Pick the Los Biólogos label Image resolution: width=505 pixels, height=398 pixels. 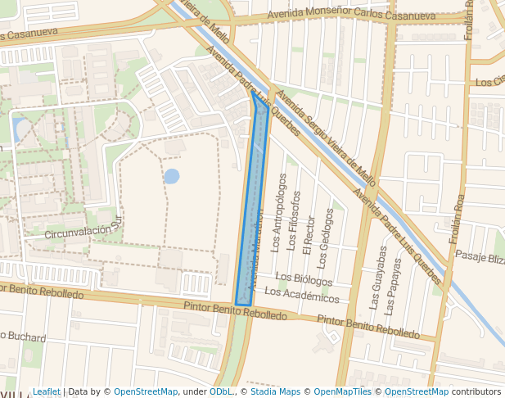(304, 279)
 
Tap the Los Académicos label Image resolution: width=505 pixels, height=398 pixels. (301, 293)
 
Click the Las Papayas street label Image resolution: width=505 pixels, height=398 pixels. (395, 285)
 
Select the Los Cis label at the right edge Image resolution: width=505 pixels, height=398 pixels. (489, 82)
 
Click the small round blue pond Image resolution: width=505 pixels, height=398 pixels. (172, 176)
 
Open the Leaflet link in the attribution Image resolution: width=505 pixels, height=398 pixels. (46, 391)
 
